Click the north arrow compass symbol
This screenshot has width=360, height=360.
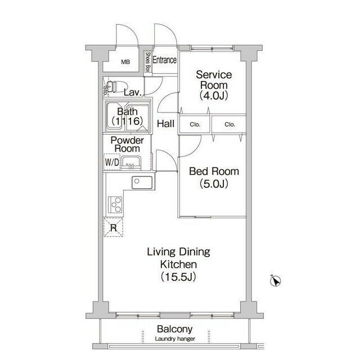point(275,281)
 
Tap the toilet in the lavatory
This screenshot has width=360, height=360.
point(116,86)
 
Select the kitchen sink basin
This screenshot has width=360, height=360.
point(142,182)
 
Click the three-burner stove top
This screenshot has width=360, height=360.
point(115,205)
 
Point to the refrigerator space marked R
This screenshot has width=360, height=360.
point(114,227)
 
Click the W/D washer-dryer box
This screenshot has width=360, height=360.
point(112,162)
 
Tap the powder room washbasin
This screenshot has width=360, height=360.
point(130,163)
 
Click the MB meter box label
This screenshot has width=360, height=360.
point(125,62)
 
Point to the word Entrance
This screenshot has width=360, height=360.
point(165,60)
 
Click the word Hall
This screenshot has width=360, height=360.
point(165,124)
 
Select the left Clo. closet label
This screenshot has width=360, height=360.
point(195,124)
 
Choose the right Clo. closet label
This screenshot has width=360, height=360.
point(230,124)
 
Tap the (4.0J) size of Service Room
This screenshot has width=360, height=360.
point(214,95)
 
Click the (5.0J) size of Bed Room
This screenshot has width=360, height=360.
point(214,184)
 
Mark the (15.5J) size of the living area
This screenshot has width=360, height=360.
point(178,277)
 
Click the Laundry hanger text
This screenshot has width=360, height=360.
point(175,339)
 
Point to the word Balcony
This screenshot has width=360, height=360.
point(175,329)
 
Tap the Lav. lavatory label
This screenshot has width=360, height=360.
point(132,92)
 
